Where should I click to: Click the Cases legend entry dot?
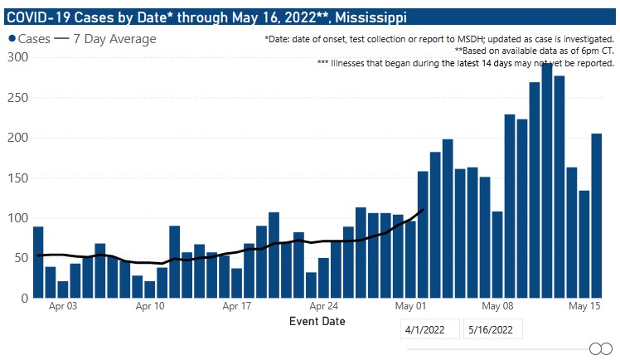click(12, 40)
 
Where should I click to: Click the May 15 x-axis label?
click(584, 306)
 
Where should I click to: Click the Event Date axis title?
click(317, 321)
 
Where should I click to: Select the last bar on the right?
click(596, 216)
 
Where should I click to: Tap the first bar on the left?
click(38, 262)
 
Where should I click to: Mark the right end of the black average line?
click(424, 210)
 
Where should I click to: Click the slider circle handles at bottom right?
click(600, 348)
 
